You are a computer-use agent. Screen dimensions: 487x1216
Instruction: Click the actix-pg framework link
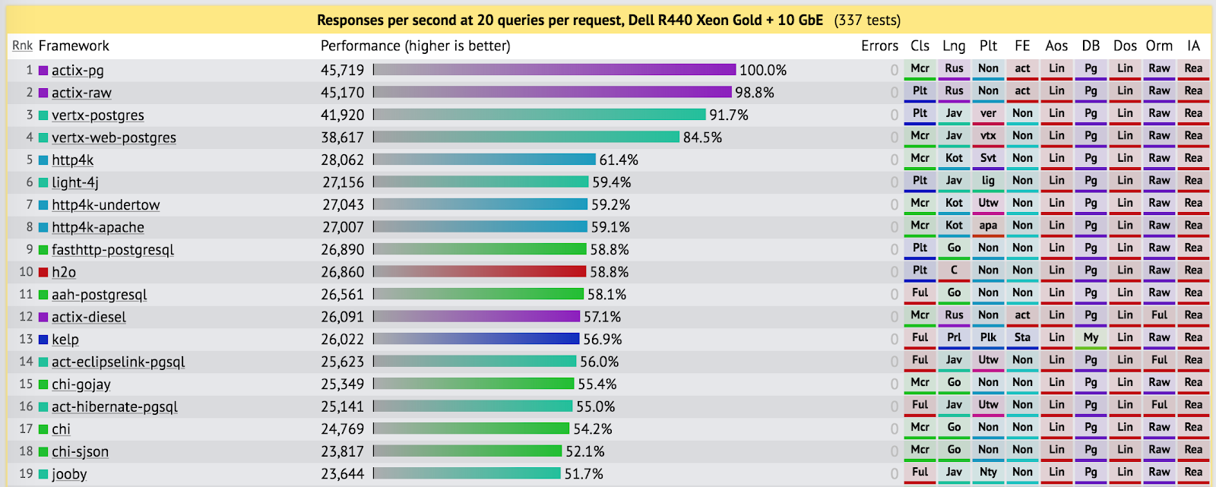[x=78, y=71]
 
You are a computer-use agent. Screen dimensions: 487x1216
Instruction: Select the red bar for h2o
[x=480, y=271]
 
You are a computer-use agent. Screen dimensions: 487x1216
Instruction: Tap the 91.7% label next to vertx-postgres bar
[x=728, y=115]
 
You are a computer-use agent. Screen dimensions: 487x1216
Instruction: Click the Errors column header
[x=879, y=46]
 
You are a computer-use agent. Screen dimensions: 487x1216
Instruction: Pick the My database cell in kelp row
[x=1091, y=337]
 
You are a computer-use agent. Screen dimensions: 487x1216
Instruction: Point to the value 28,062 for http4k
[x=342, y=160]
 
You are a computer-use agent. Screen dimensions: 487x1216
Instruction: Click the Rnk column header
[x=22, y=46]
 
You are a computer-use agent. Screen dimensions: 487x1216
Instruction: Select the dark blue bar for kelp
[x=476, y=339]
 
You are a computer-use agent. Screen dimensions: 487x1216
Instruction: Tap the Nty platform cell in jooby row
[x=988, y=472]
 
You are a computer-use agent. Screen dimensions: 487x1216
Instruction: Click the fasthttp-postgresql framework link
[x=112, y=250]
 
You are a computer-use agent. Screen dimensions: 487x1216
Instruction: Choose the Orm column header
[x=1159, y=46]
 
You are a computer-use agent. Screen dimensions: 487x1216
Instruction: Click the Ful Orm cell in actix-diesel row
[x=1159, y=315]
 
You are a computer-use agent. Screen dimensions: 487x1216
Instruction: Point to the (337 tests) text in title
[x=867, y=21]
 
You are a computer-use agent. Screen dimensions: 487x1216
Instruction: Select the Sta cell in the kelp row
[x=1022, y=337]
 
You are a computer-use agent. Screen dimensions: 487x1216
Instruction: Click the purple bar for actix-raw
[x=552, y=92]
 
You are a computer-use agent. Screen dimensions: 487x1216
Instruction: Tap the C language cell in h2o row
[x=954, y=270]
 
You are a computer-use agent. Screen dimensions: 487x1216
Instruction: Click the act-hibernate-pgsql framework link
[x=115, y=406]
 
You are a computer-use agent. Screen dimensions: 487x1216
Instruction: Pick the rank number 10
[x=26, y=271]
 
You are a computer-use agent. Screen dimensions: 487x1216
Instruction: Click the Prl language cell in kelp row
[x=954, y=337]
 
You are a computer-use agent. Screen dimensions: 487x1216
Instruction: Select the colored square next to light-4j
[x=43, y=182]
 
